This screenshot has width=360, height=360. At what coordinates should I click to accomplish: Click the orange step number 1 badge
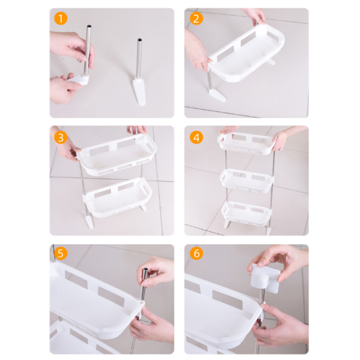60,19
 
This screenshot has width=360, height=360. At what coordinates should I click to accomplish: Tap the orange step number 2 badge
196,19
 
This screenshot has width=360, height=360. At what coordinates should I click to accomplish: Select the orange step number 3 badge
60,138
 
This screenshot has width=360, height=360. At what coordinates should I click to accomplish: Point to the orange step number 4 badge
196,138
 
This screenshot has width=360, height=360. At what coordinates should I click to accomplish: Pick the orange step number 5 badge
60,253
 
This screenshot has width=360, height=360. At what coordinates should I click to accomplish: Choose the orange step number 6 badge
196,253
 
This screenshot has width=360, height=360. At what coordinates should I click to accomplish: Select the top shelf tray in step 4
246,143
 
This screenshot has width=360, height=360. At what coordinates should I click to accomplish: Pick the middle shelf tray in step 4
247,181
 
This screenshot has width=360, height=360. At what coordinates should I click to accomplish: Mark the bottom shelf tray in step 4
246,214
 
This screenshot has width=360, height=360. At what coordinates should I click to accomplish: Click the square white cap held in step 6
265,278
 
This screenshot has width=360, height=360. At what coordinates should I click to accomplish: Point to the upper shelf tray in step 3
117,154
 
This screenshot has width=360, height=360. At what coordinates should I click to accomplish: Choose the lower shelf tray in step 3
117,197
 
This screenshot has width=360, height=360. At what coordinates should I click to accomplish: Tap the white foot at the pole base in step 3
89,221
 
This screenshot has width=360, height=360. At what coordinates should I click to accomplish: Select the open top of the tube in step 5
145,269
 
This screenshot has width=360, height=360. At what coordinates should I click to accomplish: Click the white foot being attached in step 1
78,80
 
